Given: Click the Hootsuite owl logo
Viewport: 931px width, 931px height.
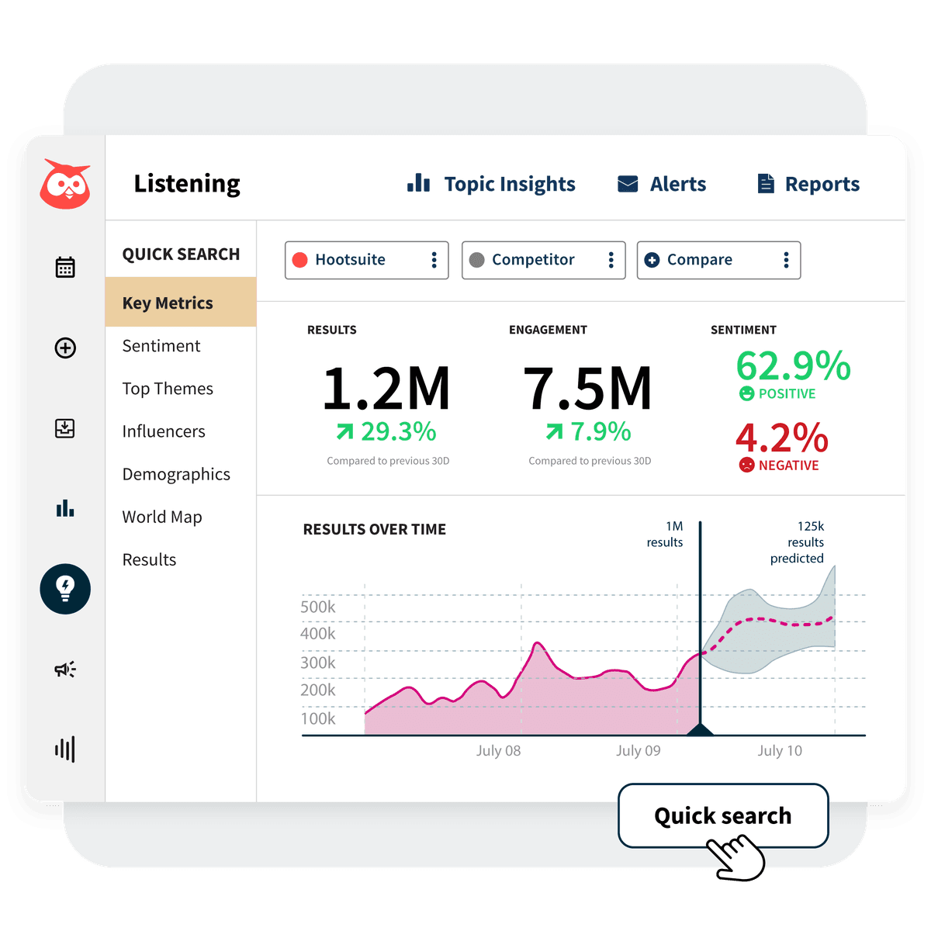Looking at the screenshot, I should (x=65, y=185).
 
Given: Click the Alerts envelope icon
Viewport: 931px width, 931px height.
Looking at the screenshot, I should (x=628, y=184).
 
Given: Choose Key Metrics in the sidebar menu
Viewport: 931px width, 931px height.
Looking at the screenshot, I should (x=168, y=303).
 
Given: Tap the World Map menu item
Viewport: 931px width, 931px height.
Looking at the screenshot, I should (x=162, y=517).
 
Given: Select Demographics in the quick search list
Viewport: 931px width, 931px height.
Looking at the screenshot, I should (x=176, y=474).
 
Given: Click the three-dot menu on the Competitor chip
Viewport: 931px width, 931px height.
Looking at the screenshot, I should (x=611, y=260).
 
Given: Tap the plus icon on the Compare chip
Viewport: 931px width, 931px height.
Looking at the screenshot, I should (x=652, y=260).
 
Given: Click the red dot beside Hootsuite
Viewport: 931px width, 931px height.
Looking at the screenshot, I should (x=300, y=260).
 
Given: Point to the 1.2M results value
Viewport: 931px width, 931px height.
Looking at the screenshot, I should (x=386, y=389).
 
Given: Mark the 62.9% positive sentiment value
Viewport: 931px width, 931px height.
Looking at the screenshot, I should (x=792, y=366).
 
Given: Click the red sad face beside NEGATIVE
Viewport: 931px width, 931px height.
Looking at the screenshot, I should (x=746, y=465).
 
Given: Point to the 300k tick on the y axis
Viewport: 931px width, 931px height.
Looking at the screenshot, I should (x=318, y=663).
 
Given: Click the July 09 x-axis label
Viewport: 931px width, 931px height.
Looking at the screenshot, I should (x=638, y=750).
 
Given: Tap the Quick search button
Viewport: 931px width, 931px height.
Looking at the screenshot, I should (x=722, y=815).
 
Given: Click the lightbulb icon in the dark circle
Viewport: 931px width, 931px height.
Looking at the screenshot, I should (x=65, y=589).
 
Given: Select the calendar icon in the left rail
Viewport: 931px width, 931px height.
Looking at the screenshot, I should (x=65, y=268).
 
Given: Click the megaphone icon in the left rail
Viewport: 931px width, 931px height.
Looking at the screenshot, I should (x=65, y=669).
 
